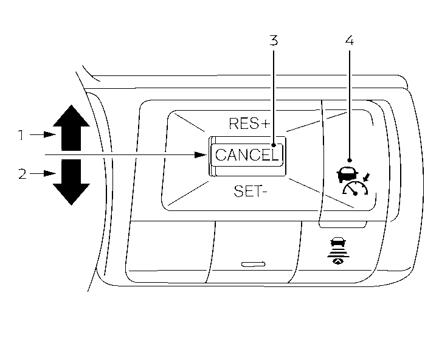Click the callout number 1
click(x=21, y=135)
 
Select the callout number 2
click(x=22, y=175)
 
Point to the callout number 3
click(x=274, y=41)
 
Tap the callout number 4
click(x=349, y=41)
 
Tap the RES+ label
click(x=249, y=123)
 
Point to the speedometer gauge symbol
click(x=356, y=190)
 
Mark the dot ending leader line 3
click(x=274, y=146)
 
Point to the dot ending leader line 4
click(x=350, y=157)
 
